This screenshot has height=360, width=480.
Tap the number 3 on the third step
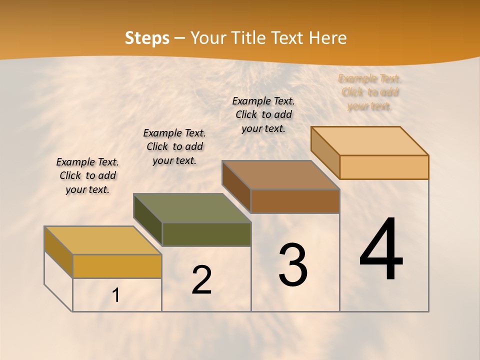pyautogui.click(x=292, y=265)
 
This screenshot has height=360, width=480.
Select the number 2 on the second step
pyautogui.click(x=201, y=280)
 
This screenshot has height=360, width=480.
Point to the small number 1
pyautogui.click(x=115, y=295)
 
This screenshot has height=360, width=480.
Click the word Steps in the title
pyautogui.click(x=147, y=38)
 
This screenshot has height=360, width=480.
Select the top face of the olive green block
pyautogui.click(x=192, y=208)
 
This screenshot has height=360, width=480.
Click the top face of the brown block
pyautogui.click(x=281, y=175)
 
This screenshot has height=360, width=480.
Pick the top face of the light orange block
pyautogui.click(x=370, y=141)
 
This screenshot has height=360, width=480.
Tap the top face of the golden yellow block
pyautogui.click(x=103, y=240)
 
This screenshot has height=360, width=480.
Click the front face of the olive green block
pyautogui.click(x=206, y=234)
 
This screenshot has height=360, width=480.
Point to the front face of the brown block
pyautogui.click(x=295, y=201)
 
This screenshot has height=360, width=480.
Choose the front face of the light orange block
pyautogui.click(x=384, y=167)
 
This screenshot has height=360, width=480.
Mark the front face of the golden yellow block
pyautogui.click(x=117, y=266)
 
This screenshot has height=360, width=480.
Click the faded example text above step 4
pyautogui.click(x=370, y=92)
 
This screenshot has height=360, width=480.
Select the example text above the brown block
pyautogui.click(x=263, y=114)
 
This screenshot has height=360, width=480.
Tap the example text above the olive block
pyautogui.click(x=174, y=146)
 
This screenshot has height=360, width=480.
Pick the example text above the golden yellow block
pyautogui.click(x=87, y=175)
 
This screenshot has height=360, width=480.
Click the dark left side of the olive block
pyautogui.click(x=148, y=219)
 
